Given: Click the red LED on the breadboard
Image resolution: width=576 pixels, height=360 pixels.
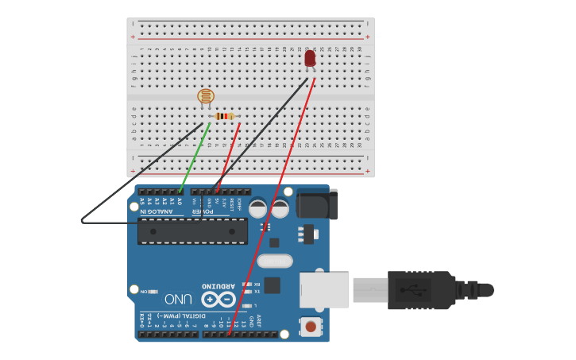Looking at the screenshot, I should click(x=310, y=58).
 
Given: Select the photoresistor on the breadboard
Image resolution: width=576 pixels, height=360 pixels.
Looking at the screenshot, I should click(x=206, y=97).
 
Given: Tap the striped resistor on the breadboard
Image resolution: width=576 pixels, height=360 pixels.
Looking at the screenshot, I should click(x=226, y=116).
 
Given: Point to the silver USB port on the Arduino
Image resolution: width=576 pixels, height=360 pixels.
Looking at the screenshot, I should click(x=323, y=289).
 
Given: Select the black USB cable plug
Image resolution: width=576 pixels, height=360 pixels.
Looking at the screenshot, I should click(x=421, y=289).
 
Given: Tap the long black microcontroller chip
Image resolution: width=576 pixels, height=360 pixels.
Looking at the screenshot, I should click(x=192, y=230).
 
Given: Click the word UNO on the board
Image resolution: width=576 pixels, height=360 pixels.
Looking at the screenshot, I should click(x=178, y=299).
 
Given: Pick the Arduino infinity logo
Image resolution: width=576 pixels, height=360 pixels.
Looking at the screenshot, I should click(x=218, y=300).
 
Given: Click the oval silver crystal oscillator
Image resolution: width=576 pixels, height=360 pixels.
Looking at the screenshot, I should click(x=275, y=261).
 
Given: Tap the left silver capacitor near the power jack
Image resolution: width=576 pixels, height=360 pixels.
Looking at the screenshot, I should click(x=258, y=208).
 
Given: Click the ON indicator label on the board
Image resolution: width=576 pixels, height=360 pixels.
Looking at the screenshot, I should click(x=144, y=292).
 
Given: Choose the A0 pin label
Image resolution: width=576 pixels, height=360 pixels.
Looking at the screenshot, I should click(x=180, y=202).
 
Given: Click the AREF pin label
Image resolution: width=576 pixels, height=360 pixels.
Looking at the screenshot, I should click(x=259, y=321).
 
